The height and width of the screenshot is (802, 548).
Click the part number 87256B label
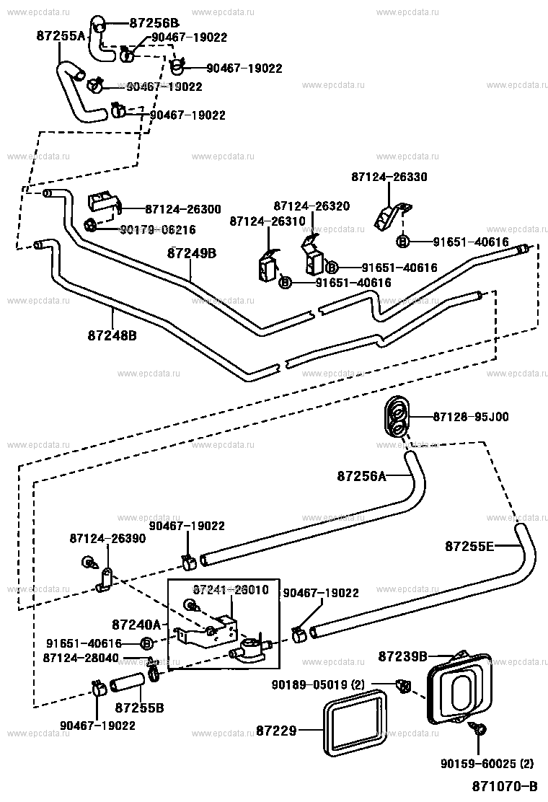click(154, 22)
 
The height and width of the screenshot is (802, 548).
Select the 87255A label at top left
click(61, 35)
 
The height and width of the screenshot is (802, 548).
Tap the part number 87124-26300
click(183, 209)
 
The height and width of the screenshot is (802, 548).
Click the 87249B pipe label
click(192, 253)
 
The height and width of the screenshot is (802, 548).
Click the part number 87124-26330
click(389, 177)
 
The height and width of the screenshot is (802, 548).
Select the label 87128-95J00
click(471, 417)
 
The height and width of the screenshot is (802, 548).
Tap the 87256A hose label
click(362, 476)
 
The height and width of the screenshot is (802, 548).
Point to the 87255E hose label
click(469, 546)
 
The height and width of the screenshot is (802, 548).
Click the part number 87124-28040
click(81, 658)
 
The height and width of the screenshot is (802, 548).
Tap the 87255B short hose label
click(140, 708)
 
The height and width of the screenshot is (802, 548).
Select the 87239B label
click(403, 656)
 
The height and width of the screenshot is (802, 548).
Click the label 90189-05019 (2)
click(331, 684)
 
